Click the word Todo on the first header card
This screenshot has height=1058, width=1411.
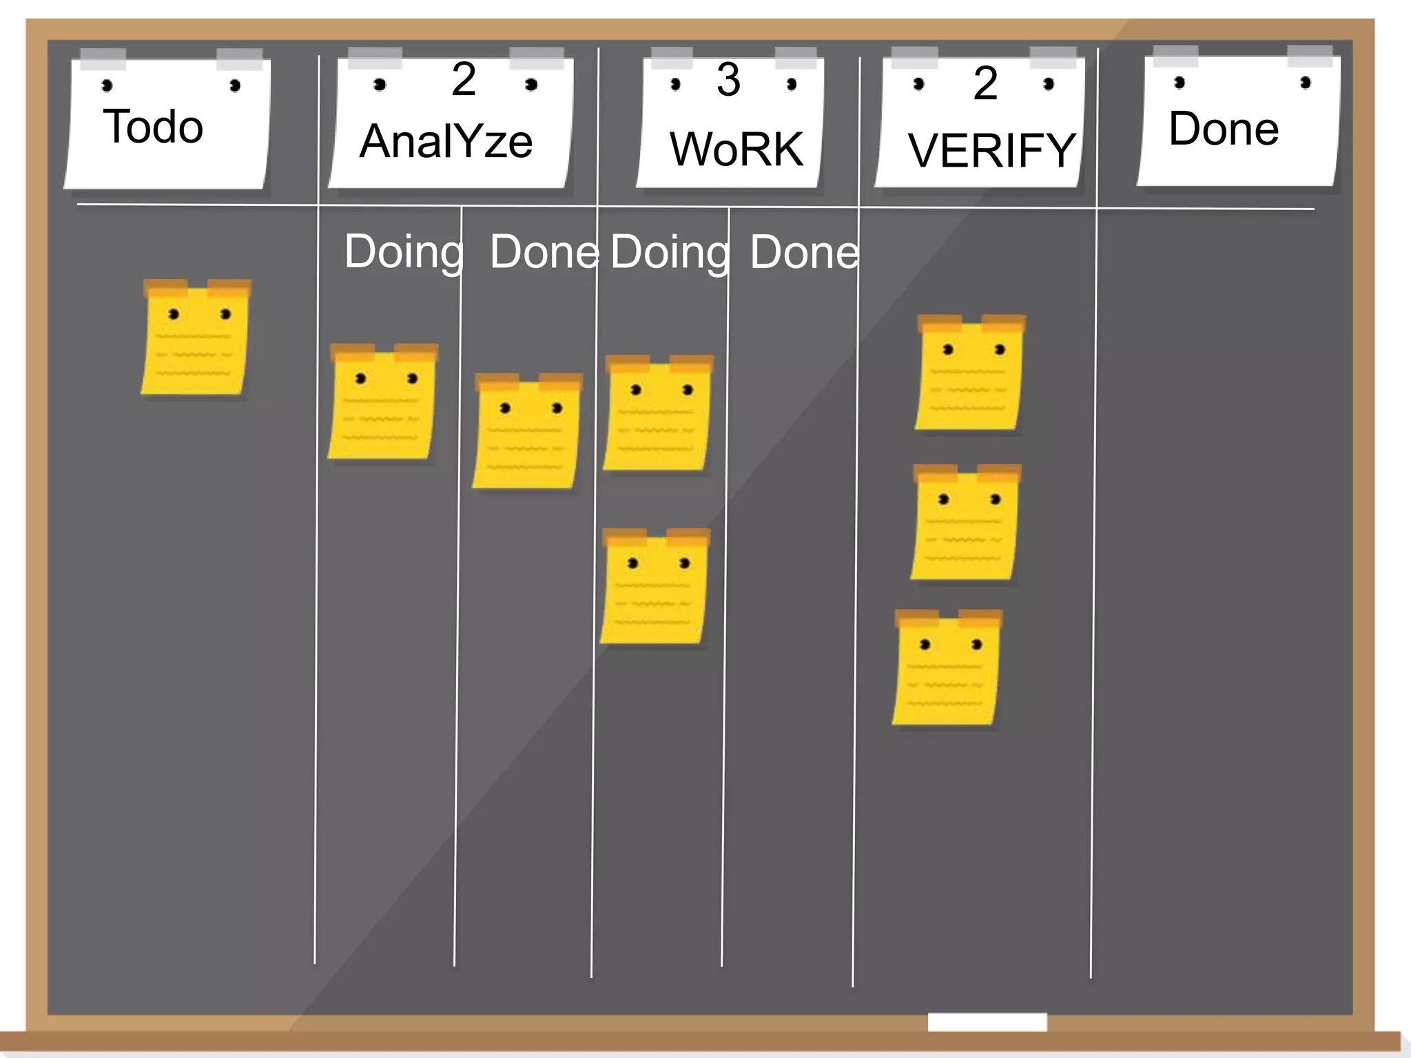tap(153, 127)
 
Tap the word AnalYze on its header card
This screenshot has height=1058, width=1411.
tap(446, 141)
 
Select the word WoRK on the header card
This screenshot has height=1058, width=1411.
tap(737, 149)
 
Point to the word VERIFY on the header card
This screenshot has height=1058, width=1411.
tap(991, 151)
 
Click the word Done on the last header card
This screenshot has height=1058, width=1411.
tap(1224, 129)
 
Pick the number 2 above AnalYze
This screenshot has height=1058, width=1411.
tap(464, 79)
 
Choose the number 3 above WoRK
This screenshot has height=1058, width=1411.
tap(728, 79)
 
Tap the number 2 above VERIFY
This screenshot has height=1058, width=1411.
tap(985, 83)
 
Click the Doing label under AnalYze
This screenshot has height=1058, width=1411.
tap(404, 252)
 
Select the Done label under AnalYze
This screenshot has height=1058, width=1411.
tap(544, 252)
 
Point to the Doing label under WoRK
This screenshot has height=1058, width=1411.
tap(670, 253)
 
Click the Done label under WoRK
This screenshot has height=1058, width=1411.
tap(804, 253)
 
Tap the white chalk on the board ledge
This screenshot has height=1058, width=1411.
tap(987, 1021)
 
